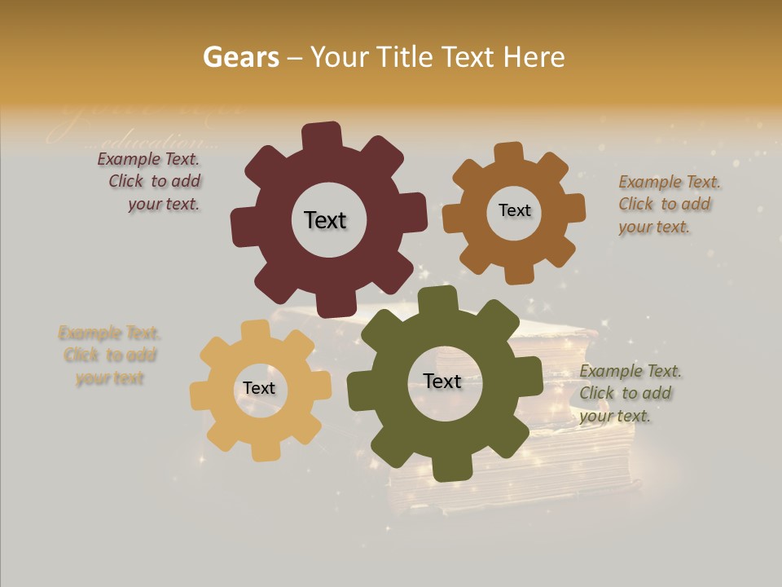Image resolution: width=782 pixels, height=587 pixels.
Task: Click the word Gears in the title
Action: (x=241, y=57)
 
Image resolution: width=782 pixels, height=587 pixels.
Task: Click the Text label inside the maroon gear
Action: (x=325, y=220)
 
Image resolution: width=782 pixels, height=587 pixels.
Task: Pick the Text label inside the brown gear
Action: (x=514, y=210)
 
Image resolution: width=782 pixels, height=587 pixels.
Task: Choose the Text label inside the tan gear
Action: (x=259, y=389)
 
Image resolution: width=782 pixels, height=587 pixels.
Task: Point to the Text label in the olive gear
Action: (x=442, y=382)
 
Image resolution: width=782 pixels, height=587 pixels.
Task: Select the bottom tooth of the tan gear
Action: (x=264, y=449)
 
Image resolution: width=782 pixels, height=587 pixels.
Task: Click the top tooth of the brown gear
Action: (x=509, y=154)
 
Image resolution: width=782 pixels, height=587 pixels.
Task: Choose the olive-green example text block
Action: (x=628, y=393)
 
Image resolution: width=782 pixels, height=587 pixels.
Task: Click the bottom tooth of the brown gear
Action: (x=519, y=273)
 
